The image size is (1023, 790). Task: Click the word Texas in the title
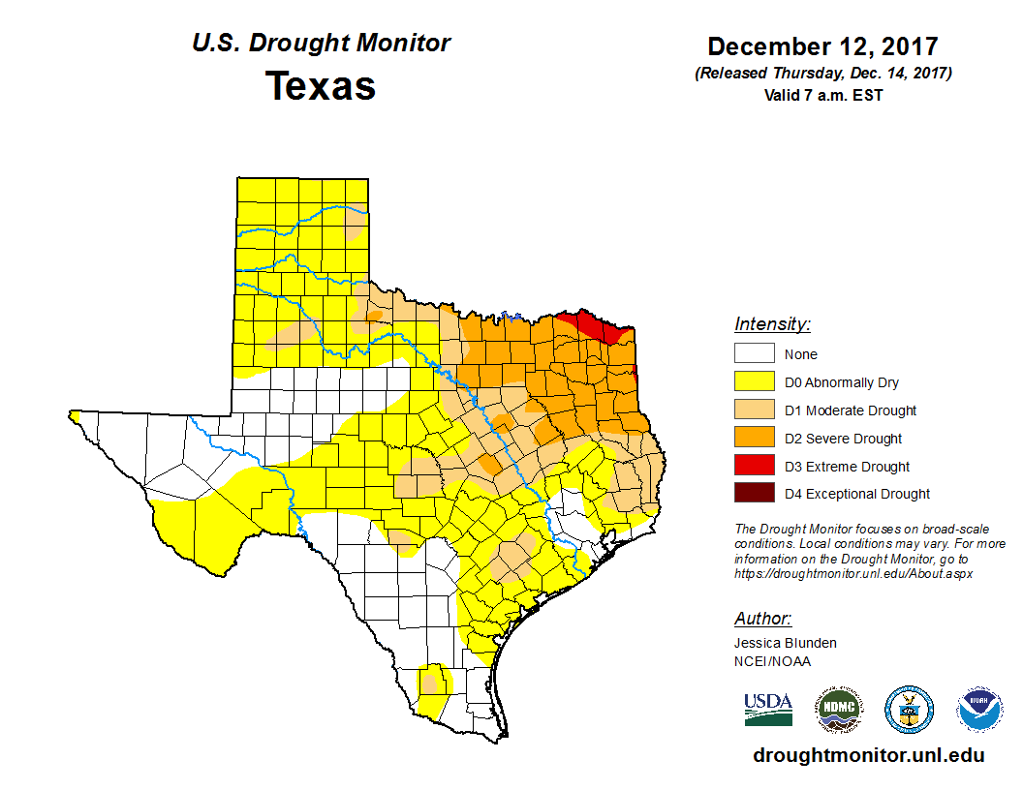coord(321,86)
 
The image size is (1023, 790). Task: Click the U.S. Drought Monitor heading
coord(321,44)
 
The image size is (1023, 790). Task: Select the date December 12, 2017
coord(822,46)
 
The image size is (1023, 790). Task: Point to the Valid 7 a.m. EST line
coord(822,95)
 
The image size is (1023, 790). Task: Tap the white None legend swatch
coord(754,354)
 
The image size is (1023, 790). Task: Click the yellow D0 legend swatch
coord(754,382)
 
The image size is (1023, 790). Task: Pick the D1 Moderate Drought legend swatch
coord(754,410)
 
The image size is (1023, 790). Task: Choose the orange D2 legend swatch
coord(754,438)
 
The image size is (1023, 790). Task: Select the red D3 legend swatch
coord(754,466)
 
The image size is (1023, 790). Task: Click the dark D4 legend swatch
coord(754,494)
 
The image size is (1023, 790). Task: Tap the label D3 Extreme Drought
coord(847,467)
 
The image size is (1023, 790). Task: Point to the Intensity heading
coord(772,324)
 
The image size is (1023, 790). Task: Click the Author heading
coord(762,619)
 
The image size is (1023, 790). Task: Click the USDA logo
coord(768,710)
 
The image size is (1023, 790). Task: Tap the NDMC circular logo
coord(838,711)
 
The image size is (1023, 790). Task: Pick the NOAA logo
coord(979,711)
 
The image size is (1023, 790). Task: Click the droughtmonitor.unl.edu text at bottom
coord(868,756)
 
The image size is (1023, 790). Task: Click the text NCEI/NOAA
coord(772,661)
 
